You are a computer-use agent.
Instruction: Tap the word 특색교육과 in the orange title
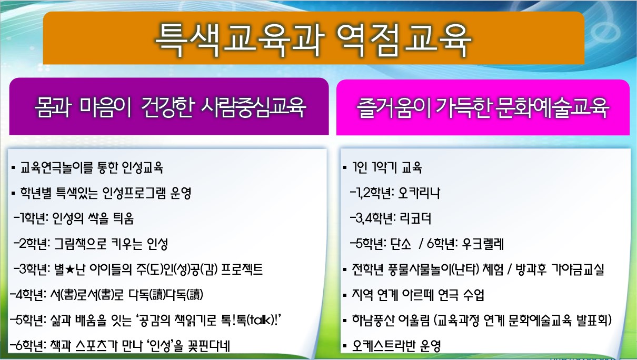pyautogui.click(x=240, y=40)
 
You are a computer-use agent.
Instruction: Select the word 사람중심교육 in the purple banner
pyautogui.click(x=253, y=107)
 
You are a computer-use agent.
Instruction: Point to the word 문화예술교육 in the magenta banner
pyautogui.click(x=552, y=108)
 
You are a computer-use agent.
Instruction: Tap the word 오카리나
pyautogui.click(x=419, y=193)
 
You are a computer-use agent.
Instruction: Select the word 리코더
pyautogui.click(x=415, y=218)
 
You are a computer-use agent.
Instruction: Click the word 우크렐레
pyautogui.click(x=483, y=244)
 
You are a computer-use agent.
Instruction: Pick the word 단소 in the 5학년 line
pyautogui.click(x=401, y=244)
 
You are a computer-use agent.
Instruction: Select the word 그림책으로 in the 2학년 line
pyautogui.click(x=80, y=244)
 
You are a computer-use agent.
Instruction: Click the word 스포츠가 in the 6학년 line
pyautogui.click(x=97, y=346)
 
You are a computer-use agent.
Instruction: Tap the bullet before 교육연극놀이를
pyautogui.click(x=13, y=168)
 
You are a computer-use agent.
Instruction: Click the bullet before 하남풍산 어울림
pyautogui.click(x=345, y=321)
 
